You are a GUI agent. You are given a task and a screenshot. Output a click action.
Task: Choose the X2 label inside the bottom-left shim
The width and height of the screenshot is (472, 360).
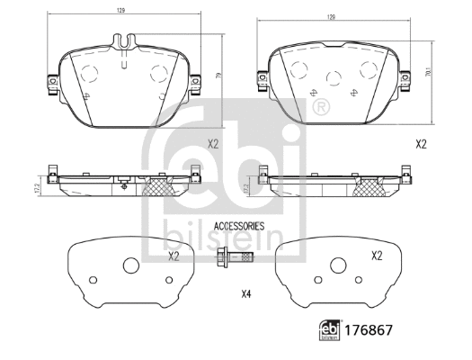click(173, 256)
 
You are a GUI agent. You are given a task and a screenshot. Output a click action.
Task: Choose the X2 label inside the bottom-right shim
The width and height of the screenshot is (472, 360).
click(377, 256)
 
